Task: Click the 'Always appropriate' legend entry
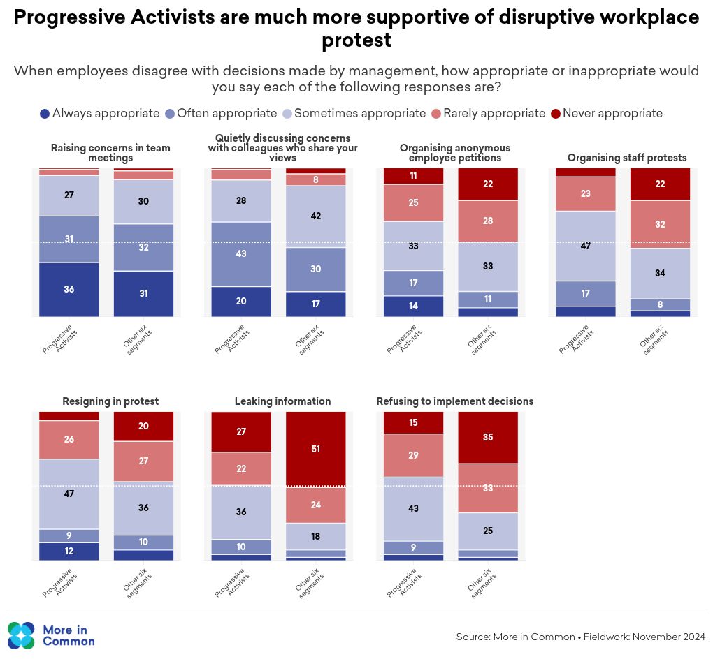click(99, 113)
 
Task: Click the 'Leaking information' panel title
click(282, 401)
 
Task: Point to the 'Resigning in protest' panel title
click(110, 401)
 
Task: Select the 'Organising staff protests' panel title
click(627, 158)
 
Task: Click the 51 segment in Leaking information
click(316, 449)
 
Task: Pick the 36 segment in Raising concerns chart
click(69, 289)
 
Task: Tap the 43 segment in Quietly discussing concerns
click(241, 254)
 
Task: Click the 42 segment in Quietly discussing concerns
click(316, 216)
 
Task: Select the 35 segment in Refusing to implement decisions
click(488, 437)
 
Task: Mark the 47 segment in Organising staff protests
click(586, 246)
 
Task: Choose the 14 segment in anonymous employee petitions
click(414, 306)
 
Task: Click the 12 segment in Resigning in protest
click(69, 551)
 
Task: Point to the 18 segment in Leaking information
click(316, 536)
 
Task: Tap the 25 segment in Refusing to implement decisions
click(488, 531)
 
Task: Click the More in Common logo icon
click(21, 635)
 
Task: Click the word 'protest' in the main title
click(356, 40)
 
